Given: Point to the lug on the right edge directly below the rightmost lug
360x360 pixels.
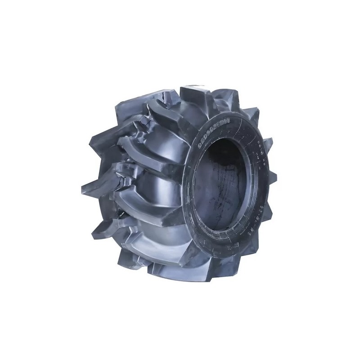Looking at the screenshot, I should click(270, 211).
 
